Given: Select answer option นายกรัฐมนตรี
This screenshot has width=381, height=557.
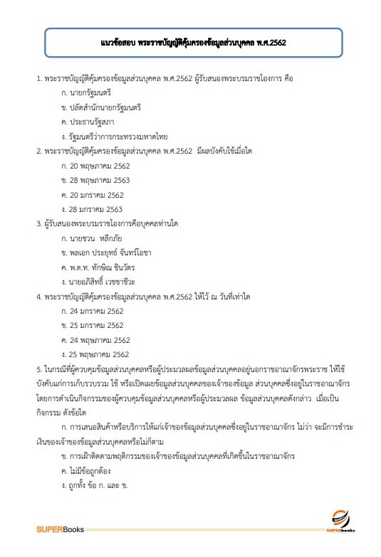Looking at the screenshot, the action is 90,94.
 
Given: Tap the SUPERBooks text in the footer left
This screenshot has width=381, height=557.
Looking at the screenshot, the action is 61,529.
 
